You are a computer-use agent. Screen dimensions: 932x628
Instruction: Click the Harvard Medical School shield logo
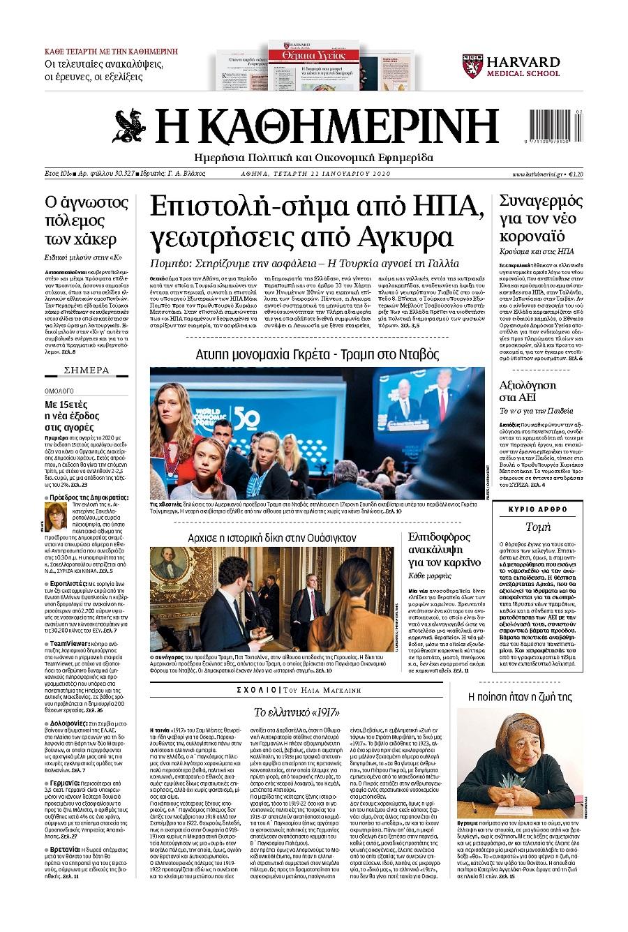[x=472, y=66]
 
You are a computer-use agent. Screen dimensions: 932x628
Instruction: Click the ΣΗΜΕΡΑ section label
[x=87, y=370]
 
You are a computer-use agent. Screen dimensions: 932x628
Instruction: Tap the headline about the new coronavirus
[x=541, y=218]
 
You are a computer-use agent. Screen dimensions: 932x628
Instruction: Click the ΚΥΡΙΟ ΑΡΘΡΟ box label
[x=537, y=509]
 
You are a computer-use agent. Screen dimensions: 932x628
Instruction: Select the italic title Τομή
[x=537, y=527]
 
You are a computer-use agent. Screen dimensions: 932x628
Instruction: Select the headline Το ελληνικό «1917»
[x=296, y=712]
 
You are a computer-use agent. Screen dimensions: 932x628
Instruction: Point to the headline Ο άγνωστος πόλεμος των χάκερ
[x=87, y=221]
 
